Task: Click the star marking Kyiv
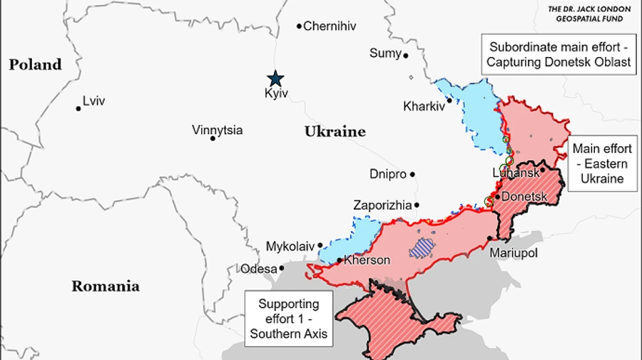pos(275,78)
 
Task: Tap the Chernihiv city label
pos(330,26)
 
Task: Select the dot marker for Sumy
pos(406,55)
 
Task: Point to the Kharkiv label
pos(424,106)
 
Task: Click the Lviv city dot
pos(78,108)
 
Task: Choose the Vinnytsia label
pos(217,130)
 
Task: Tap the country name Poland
pos(35,65)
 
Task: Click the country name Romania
pos(105,287)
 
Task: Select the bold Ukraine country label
pos(335,131)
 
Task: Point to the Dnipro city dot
pos(412,174)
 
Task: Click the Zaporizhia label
pos(382,205)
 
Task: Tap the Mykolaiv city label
pos(290,246)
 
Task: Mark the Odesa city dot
pos(282,269)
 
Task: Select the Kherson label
pos(367,260)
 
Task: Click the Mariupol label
pos(514,253)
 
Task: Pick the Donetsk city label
pos(524,196)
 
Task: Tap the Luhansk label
pos(514,173)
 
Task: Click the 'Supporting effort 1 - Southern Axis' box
pos(289,318)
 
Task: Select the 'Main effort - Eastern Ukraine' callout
pos(602,163)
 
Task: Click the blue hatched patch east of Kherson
pos(422,247)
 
